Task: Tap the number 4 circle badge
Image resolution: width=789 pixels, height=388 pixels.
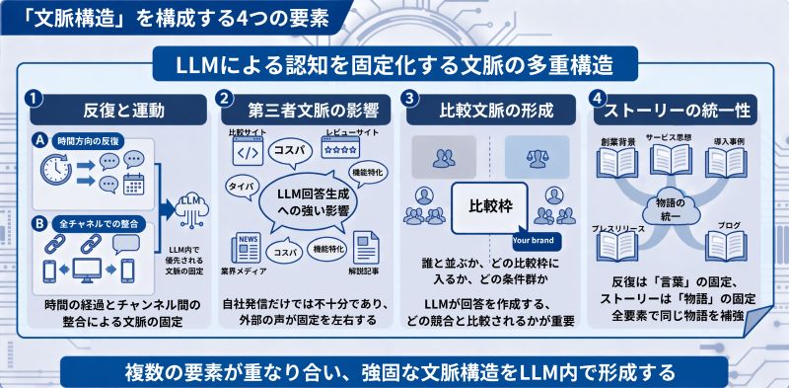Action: (597, 100)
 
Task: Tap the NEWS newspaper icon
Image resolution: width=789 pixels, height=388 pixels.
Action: (246, 247)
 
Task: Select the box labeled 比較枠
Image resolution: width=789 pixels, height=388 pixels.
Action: (493, 207)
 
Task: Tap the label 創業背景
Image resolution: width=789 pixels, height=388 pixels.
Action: (617, 142)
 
